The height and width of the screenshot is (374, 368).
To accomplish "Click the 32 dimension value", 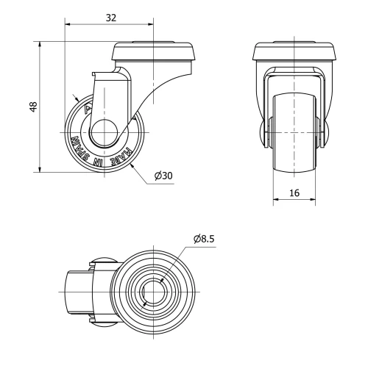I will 110,15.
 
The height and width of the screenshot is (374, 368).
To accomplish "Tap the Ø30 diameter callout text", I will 163,176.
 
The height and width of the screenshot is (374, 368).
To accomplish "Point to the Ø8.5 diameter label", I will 205,239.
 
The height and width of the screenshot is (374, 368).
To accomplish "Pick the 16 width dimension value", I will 294,192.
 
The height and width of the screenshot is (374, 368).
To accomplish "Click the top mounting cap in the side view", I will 155,51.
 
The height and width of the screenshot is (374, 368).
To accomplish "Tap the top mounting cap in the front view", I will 294,51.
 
